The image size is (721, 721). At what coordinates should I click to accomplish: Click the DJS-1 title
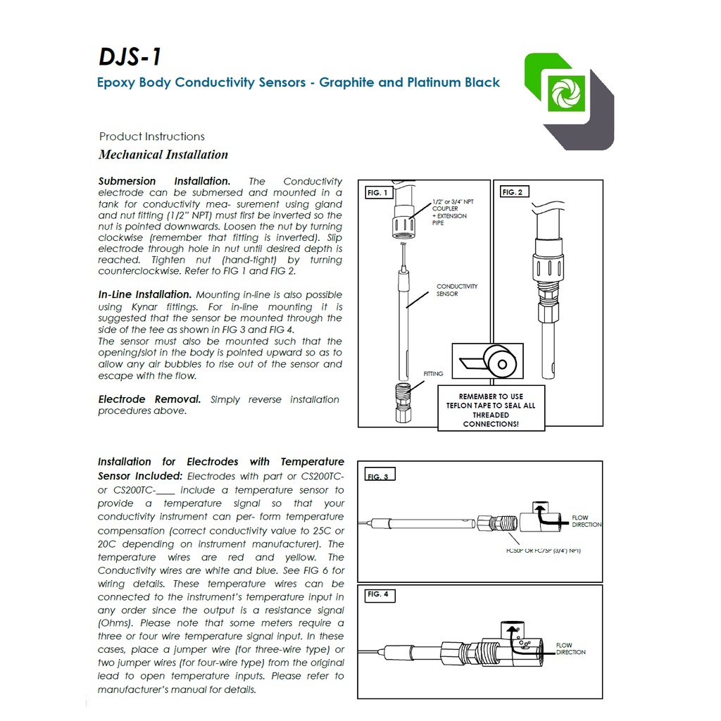(x=130, y=57)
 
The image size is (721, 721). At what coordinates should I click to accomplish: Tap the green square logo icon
(x=566, y=94)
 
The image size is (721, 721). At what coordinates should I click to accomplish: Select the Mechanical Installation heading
(x=163, y=154)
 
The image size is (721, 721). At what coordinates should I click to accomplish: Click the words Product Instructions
(x=152, y=137)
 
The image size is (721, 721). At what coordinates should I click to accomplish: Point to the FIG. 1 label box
(x=378, y=192)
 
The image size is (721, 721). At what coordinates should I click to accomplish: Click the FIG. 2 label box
(x=514, y=192)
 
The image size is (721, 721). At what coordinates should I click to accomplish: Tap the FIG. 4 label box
(x=380, y=594)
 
